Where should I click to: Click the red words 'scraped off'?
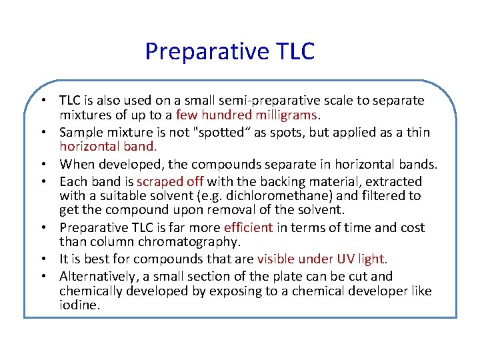171,181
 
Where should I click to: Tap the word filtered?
385,196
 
